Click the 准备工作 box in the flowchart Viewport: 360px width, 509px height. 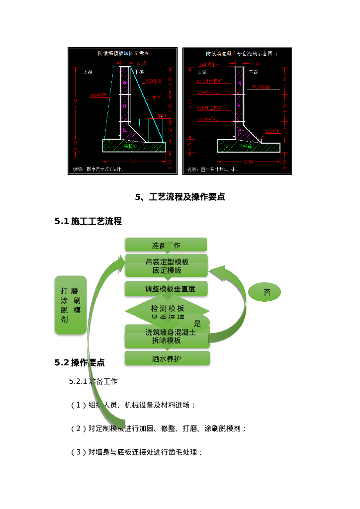coord(166,244)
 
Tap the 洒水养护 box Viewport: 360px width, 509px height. coord(167,358)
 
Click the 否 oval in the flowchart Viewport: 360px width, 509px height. coord(267,293)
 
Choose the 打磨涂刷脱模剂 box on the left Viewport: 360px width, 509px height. coord(70,305)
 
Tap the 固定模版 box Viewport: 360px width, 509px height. coord(167,270)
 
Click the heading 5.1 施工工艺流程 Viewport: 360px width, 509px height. coord(88,221)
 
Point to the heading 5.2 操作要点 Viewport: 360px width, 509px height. coord(80,362)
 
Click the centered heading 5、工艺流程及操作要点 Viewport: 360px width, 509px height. coord(180,197)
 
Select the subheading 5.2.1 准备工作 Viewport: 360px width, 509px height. coord(93,381)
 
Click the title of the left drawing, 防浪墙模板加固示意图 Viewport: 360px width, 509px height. coord(123,53)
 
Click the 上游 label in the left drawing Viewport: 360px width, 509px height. coord(87,72)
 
